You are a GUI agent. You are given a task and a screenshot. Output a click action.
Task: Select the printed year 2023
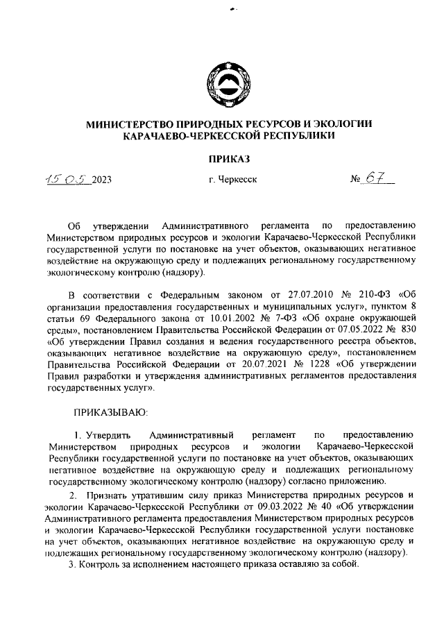click(100, 180)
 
